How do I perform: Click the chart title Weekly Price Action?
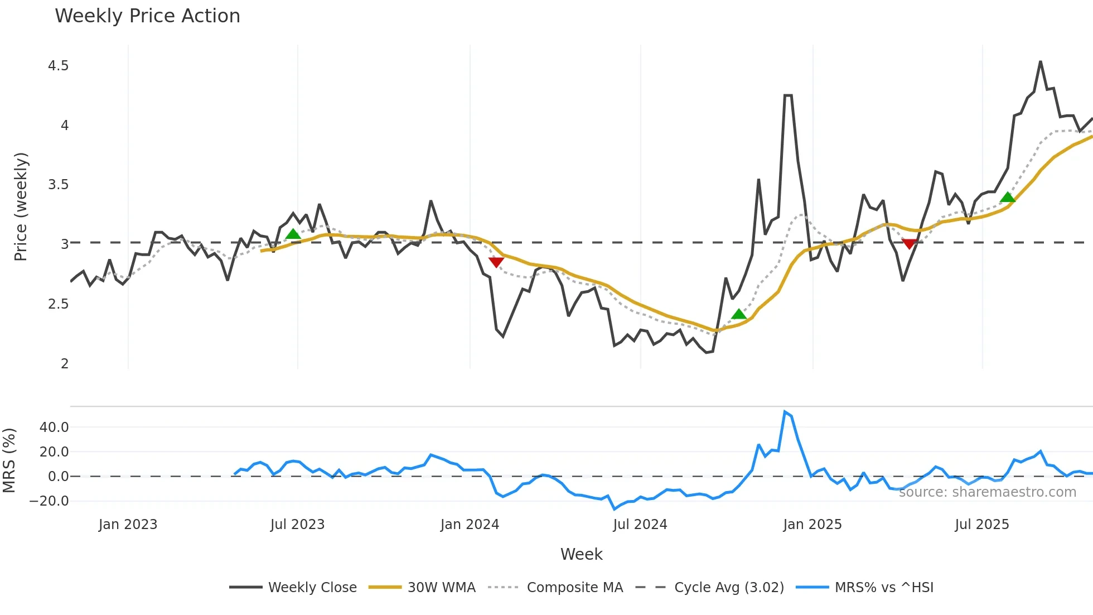(x=147, y=16)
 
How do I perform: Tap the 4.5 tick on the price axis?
(x=58, y=66)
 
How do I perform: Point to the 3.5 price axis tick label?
(x=58, y=185)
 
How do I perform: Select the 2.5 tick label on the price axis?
(x=58, y=304)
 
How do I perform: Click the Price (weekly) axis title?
(x=21, y=206)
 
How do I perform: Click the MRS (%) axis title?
(x=9, y=460)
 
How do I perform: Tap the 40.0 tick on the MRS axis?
(x=54, y=427)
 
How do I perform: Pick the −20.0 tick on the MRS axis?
(x=49, y=501)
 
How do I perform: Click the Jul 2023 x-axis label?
(x=297, y=525)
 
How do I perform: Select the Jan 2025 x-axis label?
(x=812, y=525)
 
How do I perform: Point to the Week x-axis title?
(x=581, y=554)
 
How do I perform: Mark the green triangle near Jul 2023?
(x=293, y=234)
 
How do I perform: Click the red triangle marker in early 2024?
(x=496, y=262)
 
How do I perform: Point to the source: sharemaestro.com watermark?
(x=987, y=492)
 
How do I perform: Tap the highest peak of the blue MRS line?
(x=785, y=412)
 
